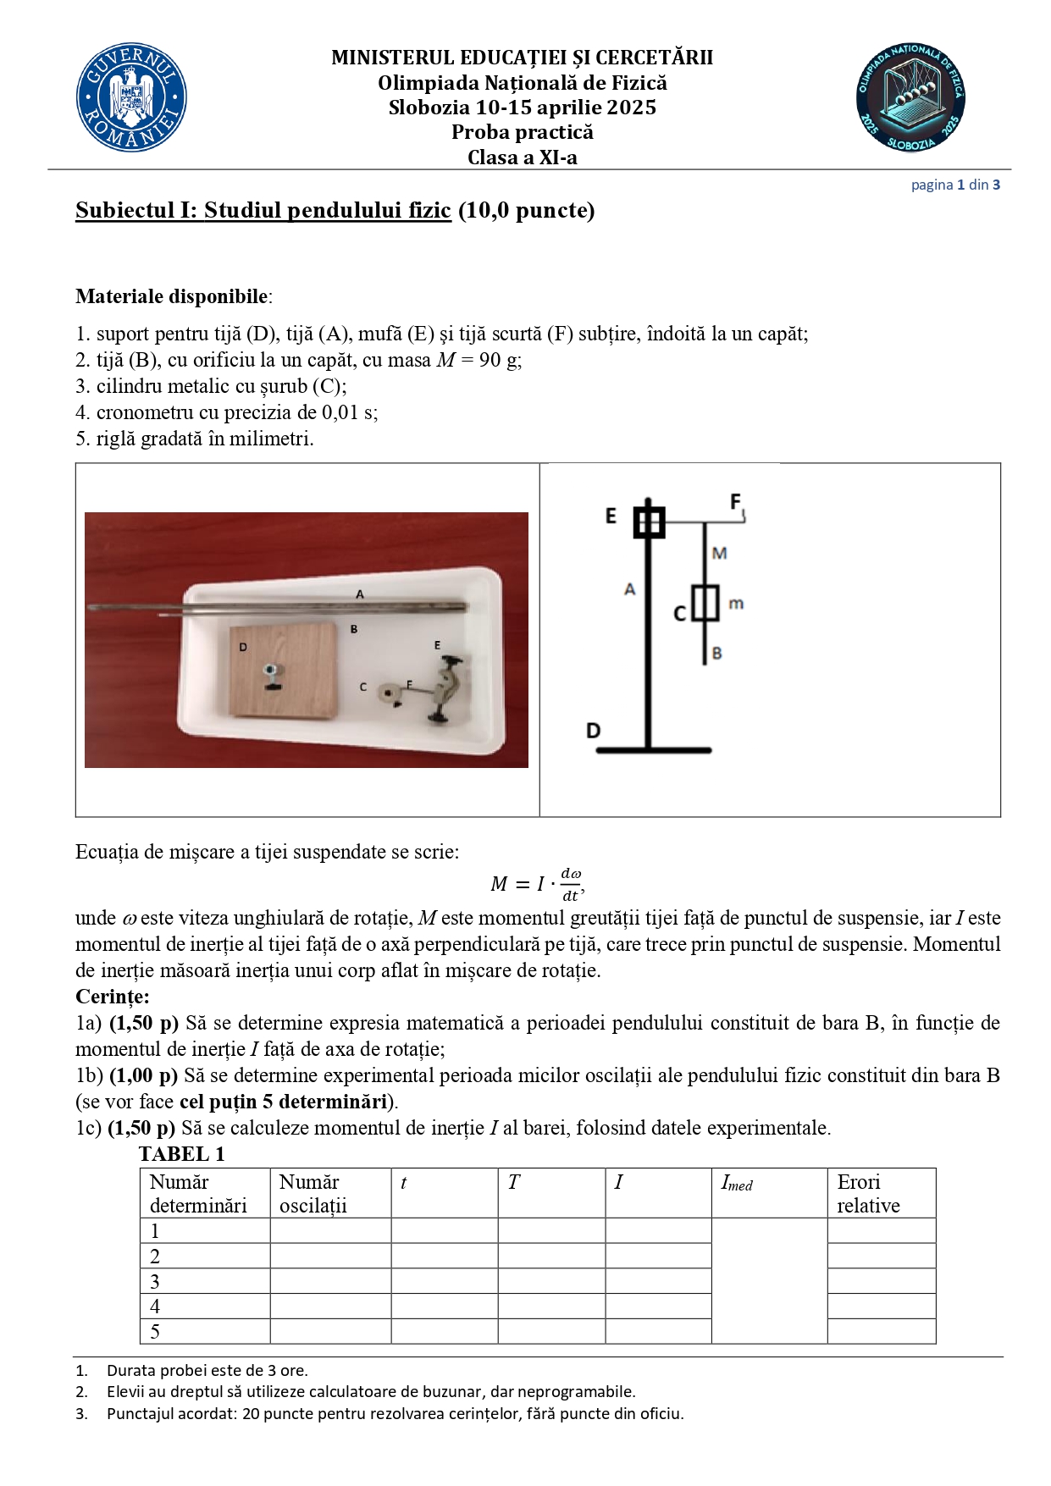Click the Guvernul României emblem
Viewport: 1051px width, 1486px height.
[x=131, y=98]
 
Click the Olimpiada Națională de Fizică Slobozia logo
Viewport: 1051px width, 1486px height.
[x=910, y=98]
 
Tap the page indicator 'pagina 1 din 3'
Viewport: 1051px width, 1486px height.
[x=955, y=185]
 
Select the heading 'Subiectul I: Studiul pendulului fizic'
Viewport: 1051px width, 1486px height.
[x=263, y=210]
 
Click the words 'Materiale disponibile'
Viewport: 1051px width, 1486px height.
[x=172, y=296]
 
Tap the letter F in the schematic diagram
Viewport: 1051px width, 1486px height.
[x=736, y=501]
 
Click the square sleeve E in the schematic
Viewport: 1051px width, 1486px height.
[x=649, y=522]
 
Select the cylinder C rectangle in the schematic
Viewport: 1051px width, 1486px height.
[x=705, y=603]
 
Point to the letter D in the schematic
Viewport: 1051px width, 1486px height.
[x=594, y=730]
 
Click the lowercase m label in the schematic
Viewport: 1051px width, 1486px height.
[x=736, y=604]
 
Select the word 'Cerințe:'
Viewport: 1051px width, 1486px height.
[x=113, y=997]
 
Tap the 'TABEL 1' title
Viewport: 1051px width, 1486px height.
[x=182, y=1154]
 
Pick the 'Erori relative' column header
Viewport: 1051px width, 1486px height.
[x=869, y=1193]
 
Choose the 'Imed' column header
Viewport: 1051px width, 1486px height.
[x=737, y=1183]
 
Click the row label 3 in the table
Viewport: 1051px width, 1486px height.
[x=155, y=1281]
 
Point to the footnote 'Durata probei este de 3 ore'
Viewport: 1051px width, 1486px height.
[x=207, y=1370]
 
